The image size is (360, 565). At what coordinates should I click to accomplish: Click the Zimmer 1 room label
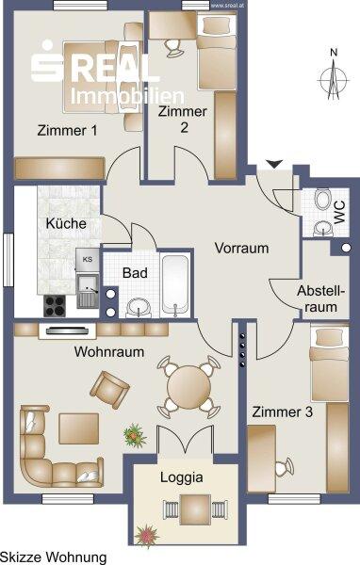click(x=67, y=130)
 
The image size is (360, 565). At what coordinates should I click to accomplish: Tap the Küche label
click(x=66, y=223)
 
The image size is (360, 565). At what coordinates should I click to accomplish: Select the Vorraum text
click(x=241, y=248)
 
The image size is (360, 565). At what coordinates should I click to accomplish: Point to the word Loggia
click(x=182, y=477)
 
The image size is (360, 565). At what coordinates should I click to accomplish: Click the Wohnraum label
click(x=109, y=351)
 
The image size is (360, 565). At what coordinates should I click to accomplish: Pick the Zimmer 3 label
click(x=282, y=412)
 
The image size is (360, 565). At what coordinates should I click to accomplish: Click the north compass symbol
click(x=334, y=75)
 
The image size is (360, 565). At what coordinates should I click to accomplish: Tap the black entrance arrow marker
click(x=274, y=164)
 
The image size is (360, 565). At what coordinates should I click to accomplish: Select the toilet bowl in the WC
click(x=323, y=200)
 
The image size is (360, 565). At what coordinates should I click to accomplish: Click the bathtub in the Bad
click(x=175, y=284)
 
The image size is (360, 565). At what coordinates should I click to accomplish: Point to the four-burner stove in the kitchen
click(x=55, y=305)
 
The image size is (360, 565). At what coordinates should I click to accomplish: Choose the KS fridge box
click(x=88, y=260)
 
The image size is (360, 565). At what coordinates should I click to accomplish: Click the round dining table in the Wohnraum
click(x=188, y=387)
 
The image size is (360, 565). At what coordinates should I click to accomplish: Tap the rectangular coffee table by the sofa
click(x=78, y=428)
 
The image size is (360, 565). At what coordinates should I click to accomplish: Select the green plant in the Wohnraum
click(x=135, y=435)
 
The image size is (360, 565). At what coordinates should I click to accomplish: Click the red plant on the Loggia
click(x=147, y=535)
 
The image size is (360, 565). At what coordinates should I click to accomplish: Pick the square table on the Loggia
click(x=195, y=509)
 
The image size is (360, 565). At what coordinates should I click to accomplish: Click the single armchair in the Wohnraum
click(x=109, y=390)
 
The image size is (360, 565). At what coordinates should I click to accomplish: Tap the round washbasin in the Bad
click(x=139, y=308)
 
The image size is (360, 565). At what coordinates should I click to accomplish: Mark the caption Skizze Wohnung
click(x=54, y=557)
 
